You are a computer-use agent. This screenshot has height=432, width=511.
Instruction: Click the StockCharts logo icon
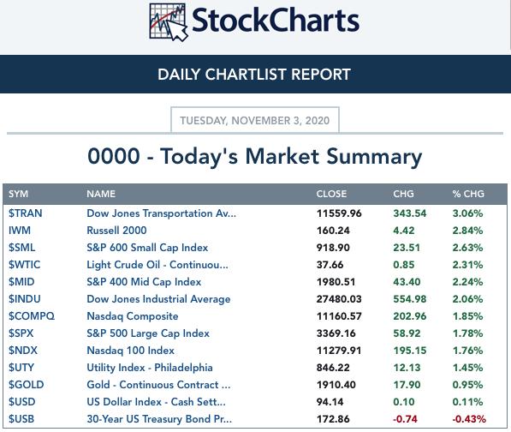[169, 22]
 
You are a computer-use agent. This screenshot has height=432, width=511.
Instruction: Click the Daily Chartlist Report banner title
[254, 75]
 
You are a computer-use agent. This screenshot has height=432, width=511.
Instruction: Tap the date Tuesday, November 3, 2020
[254, 120]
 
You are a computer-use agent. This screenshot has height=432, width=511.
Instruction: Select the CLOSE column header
[331, 194]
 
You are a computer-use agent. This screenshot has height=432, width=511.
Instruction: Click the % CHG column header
[468, 194]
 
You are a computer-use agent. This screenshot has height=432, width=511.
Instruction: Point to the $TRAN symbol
[25, 213]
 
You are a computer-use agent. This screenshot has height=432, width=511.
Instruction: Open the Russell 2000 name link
[116, 231]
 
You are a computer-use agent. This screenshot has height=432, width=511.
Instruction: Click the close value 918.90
[333, 248]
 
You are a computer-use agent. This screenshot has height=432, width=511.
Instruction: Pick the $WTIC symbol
[25, 265]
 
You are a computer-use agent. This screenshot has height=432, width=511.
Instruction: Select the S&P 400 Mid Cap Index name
[144, 282]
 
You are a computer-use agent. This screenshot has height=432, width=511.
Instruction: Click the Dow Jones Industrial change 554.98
[410, 299]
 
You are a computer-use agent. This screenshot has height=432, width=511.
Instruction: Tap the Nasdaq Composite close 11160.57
[339, 316]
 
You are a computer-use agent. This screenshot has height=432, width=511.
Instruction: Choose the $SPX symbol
[21, 333]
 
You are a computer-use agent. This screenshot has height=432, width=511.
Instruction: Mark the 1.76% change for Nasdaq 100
[467, 351]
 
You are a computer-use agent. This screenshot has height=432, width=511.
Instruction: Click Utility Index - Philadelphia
[150, 368]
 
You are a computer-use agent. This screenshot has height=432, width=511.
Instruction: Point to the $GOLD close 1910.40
[336, 385]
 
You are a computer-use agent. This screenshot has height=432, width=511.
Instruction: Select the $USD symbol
[22, 402]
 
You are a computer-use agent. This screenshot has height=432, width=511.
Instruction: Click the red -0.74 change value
[405, 419]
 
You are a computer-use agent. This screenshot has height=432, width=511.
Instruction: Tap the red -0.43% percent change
[469, 419]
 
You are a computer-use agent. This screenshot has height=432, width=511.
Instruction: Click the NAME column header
[101, 194]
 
